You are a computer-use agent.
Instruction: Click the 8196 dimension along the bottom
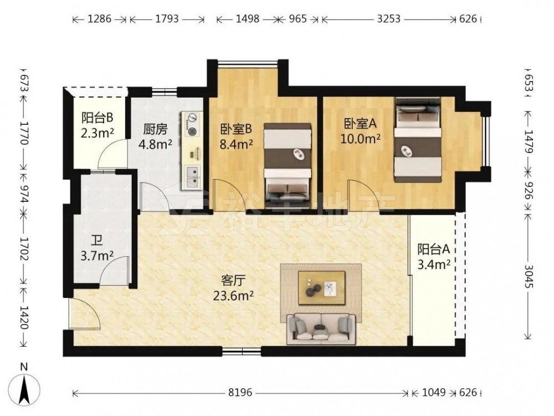(x=240, y=392)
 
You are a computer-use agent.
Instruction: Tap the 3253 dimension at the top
(x=389, y=19)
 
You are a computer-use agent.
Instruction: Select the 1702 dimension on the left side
(x=24, y=248)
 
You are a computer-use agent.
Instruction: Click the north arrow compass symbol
(x=24, y=390)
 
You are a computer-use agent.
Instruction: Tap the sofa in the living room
(x=321, y=328)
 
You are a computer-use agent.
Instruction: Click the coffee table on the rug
(x=321, y=287)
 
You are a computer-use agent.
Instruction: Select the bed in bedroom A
(x=418, y=140)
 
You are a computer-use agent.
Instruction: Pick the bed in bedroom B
(x=288, y=165)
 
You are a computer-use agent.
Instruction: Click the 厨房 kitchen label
(x=155, y=129)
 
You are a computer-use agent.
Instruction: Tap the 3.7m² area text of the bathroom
(x=97, y=255)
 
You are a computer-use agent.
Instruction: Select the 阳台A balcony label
(x=434, y=250)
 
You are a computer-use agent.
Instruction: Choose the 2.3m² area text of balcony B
(x=97, y=133)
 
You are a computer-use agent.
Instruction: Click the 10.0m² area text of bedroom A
(x=361, y=139)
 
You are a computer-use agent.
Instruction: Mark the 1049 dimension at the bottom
(x=434, y=392)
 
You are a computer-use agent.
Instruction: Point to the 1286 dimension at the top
(x=99, y=19)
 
